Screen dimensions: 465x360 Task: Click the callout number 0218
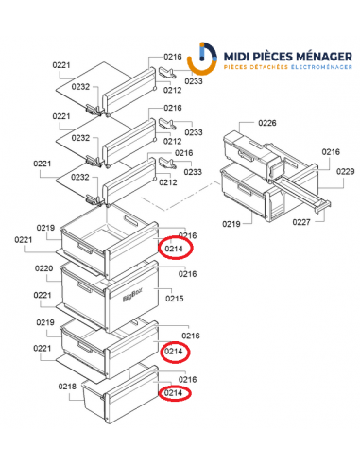tap(66, 387)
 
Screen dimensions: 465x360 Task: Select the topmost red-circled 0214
tap(174, 249)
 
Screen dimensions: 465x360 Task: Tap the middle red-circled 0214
tap(174, 352)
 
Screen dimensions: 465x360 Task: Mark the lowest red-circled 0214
tap(174, 393)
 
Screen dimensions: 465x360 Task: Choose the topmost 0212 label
tap(172, 91)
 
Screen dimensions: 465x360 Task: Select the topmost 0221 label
tap(61, 65)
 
